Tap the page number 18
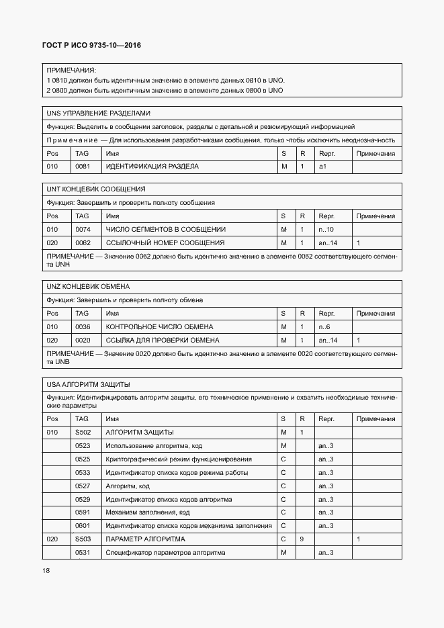[46, 570]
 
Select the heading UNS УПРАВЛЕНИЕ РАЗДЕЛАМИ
[98, 113]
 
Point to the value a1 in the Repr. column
[322, 166]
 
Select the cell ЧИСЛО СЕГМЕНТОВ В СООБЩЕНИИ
[166, 229]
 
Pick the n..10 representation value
[326, 229]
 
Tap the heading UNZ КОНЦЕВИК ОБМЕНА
[87, 287]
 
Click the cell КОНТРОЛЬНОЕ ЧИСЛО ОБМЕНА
[160, 326]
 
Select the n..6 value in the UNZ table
[324, 326]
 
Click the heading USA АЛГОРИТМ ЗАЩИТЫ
[88, 384]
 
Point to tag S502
[83, 432]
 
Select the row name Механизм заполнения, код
[148, 512]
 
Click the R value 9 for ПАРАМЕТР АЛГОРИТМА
[302, 539]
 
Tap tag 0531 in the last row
[83, 552]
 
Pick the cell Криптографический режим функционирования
[179, 459]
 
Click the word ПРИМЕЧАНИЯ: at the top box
[71, 70]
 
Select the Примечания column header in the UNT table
[376, 216]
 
